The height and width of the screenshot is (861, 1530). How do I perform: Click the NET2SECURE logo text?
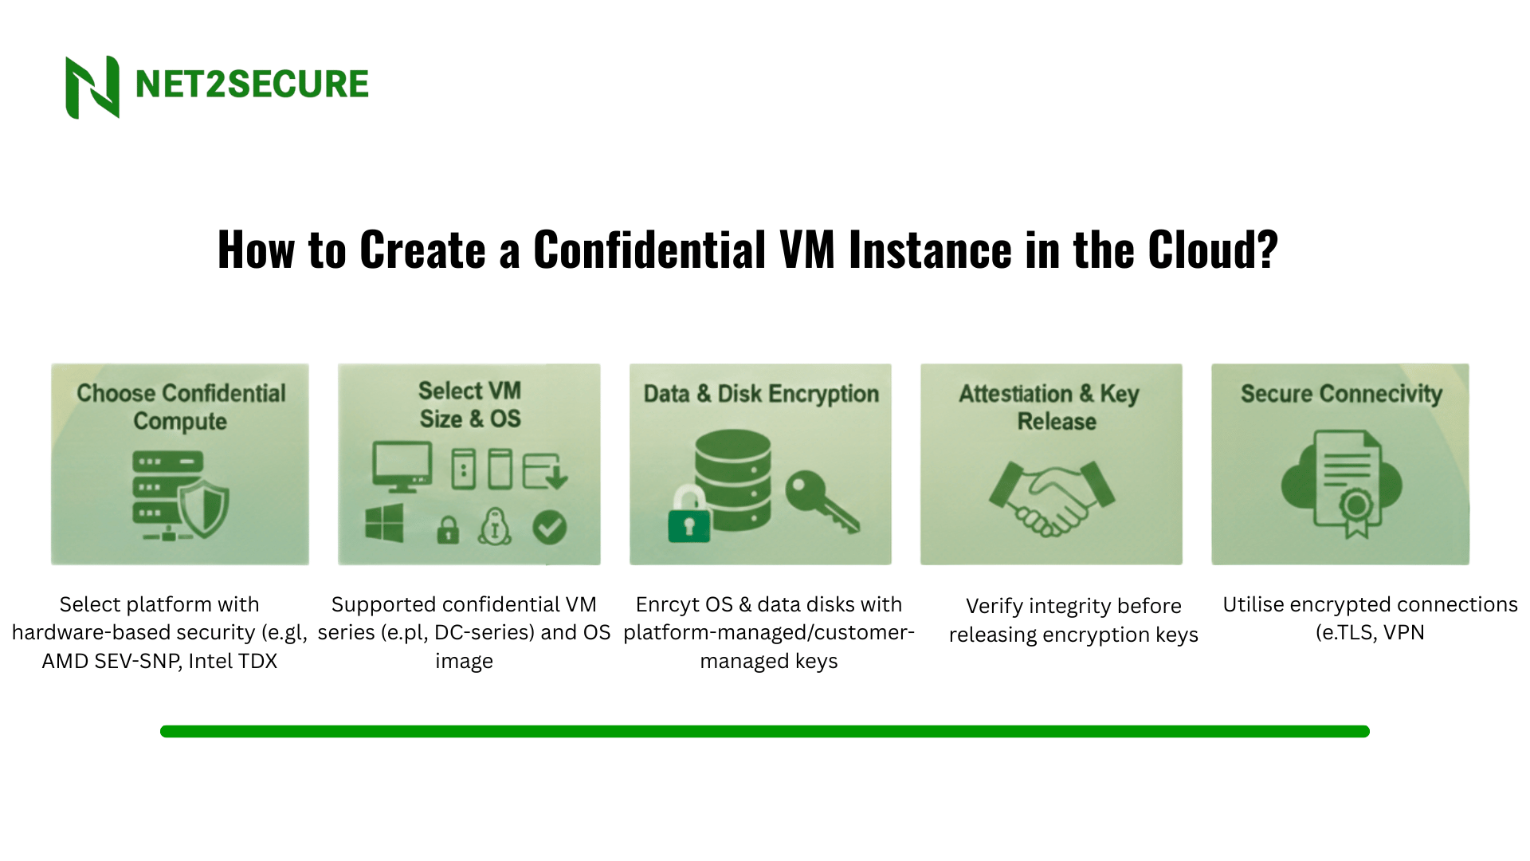point(252,85)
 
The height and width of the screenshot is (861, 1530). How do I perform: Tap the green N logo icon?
point(92,87)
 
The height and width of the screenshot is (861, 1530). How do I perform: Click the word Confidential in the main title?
point(649,250)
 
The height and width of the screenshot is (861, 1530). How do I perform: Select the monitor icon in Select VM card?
point(402,467)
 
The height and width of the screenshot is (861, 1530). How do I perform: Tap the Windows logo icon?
point(384,525)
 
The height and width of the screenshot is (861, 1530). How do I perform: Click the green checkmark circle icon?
point(549,527)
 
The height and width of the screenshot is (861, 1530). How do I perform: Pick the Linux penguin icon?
point(495,527)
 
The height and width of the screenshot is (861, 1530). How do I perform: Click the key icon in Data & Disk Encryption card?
point(821,501)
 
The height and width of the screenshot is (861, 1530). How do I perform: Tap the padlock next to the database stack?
point(688,517)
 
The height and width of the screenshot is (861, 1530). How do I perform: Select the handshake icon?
point(1052,497)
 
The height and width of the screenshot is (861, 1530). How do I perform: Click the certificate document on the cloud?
point(1347,485)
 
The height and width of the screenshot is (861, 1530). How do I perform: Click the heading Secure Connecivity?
point(1340,394)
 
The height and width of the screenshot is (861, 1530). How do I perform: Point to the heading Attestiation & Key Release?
point(1050,407)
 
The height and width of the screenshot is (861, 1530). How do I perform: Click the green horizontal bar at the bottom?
point(765,731)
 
